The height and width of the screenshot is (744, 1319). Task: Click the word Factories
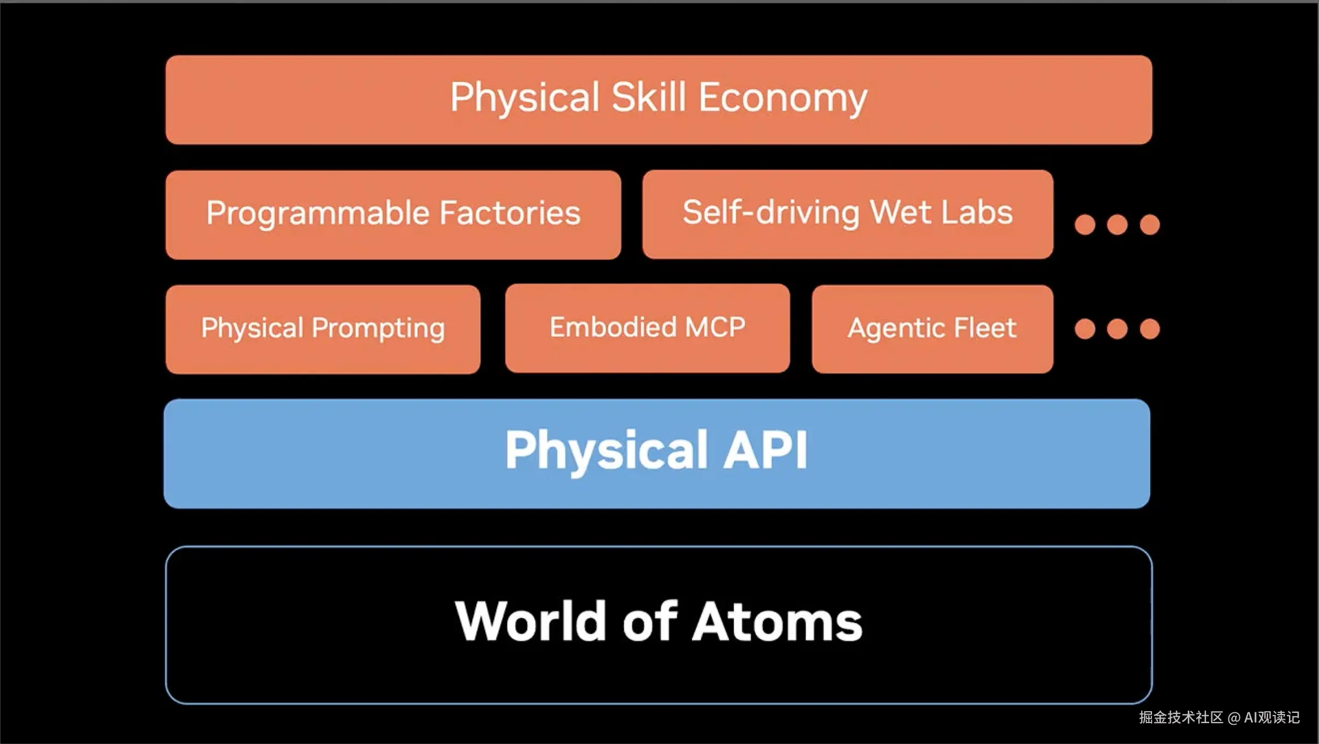tap(510, 213)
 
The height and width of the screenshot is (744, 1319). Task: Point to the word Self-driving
tap(770, 213)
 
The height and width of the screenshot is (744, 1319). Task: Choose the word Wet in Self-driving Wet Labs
tap(900, 212)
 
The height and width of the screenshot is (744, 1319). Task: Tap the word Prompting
tap(378, 329)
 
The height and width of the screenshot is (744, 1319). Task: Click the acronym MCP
tap(715, 327)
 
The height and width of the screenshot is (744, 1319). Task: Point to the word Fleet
tap(985, 328)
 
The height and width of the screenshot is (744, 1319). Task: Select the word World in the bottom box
tap(530, 622)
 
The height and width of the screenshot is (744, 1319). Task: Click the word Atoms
tap(777, 622)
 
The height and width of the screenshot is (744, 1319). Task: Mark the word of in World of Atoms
tap(649, 622)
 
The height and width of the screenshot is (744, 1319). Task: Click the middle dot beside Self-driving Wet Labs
tap(1117, 225)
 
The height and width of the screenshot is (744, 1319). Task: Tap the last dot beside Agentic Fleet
tap(1150, 329)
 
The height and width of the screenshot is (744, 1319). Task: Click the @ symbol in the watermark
tap(1234, 718)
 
